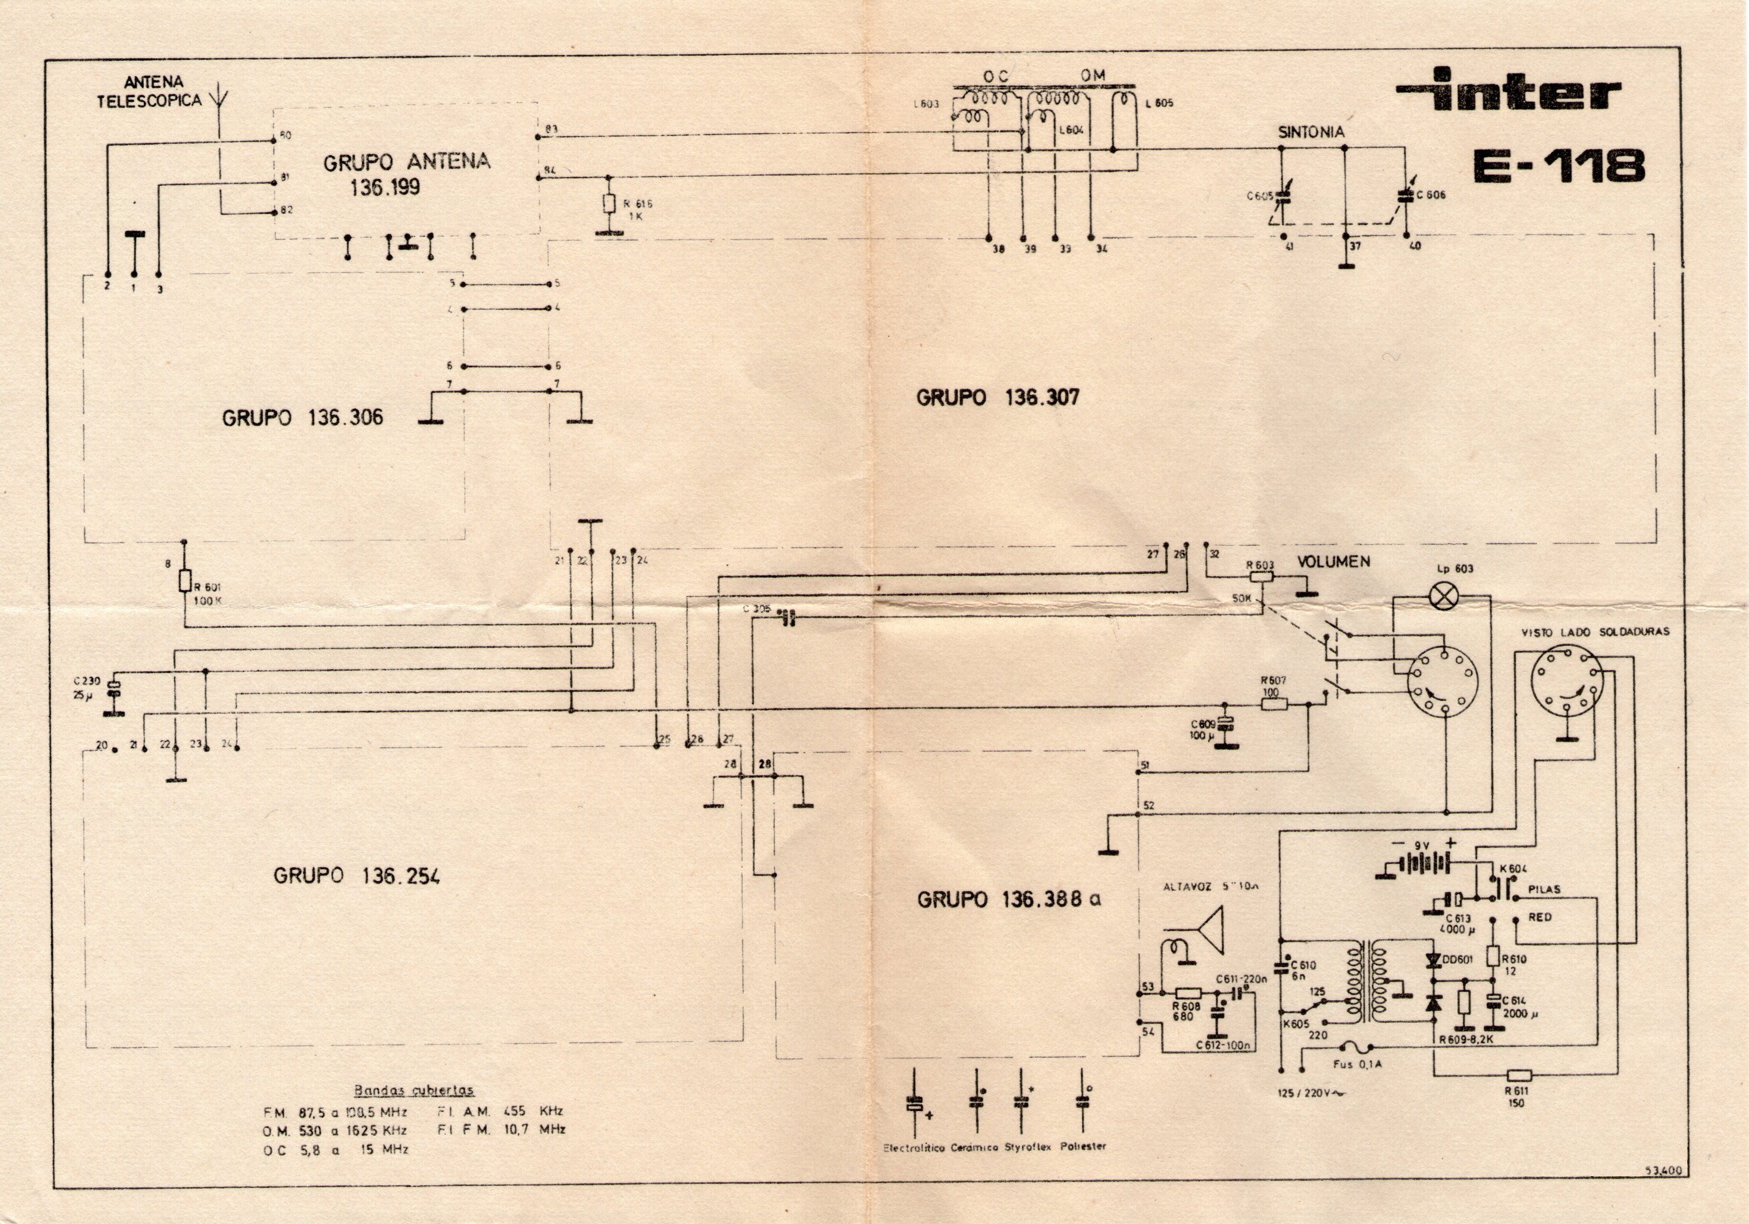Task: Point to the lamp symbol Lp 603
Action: point(1441,597)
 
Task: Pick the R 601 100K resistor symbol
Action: point(184,581)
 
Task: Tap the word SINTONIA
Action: point(1311,132)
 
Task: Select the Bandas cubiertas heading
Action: point(414,1090)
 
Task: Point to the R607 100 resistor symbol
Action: point(1275,704)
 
